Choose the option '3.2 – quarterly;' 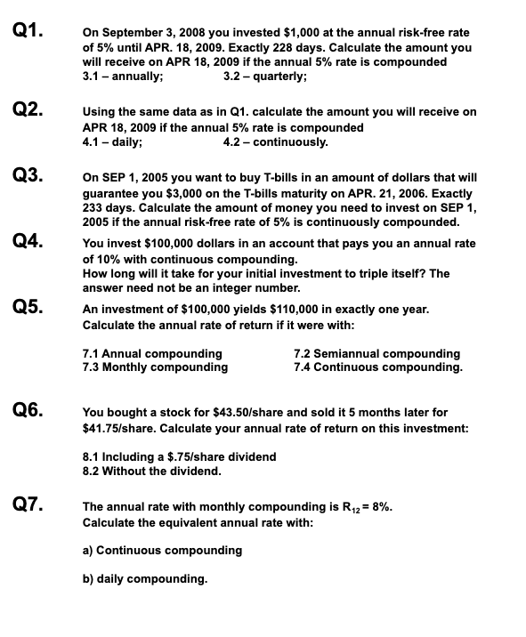(x=265, y=76)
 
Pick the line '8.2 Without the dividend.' (x=150, y=471)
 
